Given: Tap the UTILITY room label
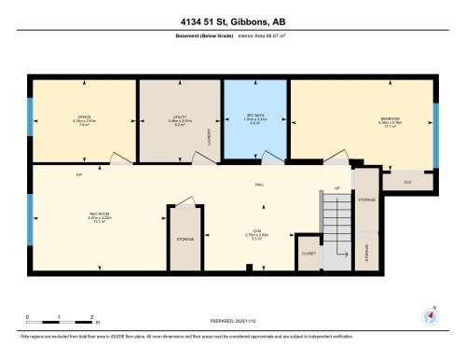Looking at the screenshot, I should click(x=181, y=117).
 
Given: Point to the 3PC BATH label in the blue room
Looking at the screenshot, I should click(x=255, y=117).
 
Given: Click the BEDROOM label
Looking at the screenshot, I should click(x=390, y=118).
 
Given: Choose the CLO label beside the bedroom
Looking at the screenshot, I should click(x=408, y=179).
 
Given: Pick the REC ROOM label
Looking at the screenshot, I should click(x=87, y=215).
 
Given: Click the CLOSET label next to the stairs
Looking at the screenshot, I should click(x=308, y=253).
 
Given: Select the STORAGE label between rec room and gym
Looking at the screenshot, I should click(x=185, y=240).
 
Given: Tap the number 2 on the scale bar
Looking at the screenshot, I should click(x=91, y=317).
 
